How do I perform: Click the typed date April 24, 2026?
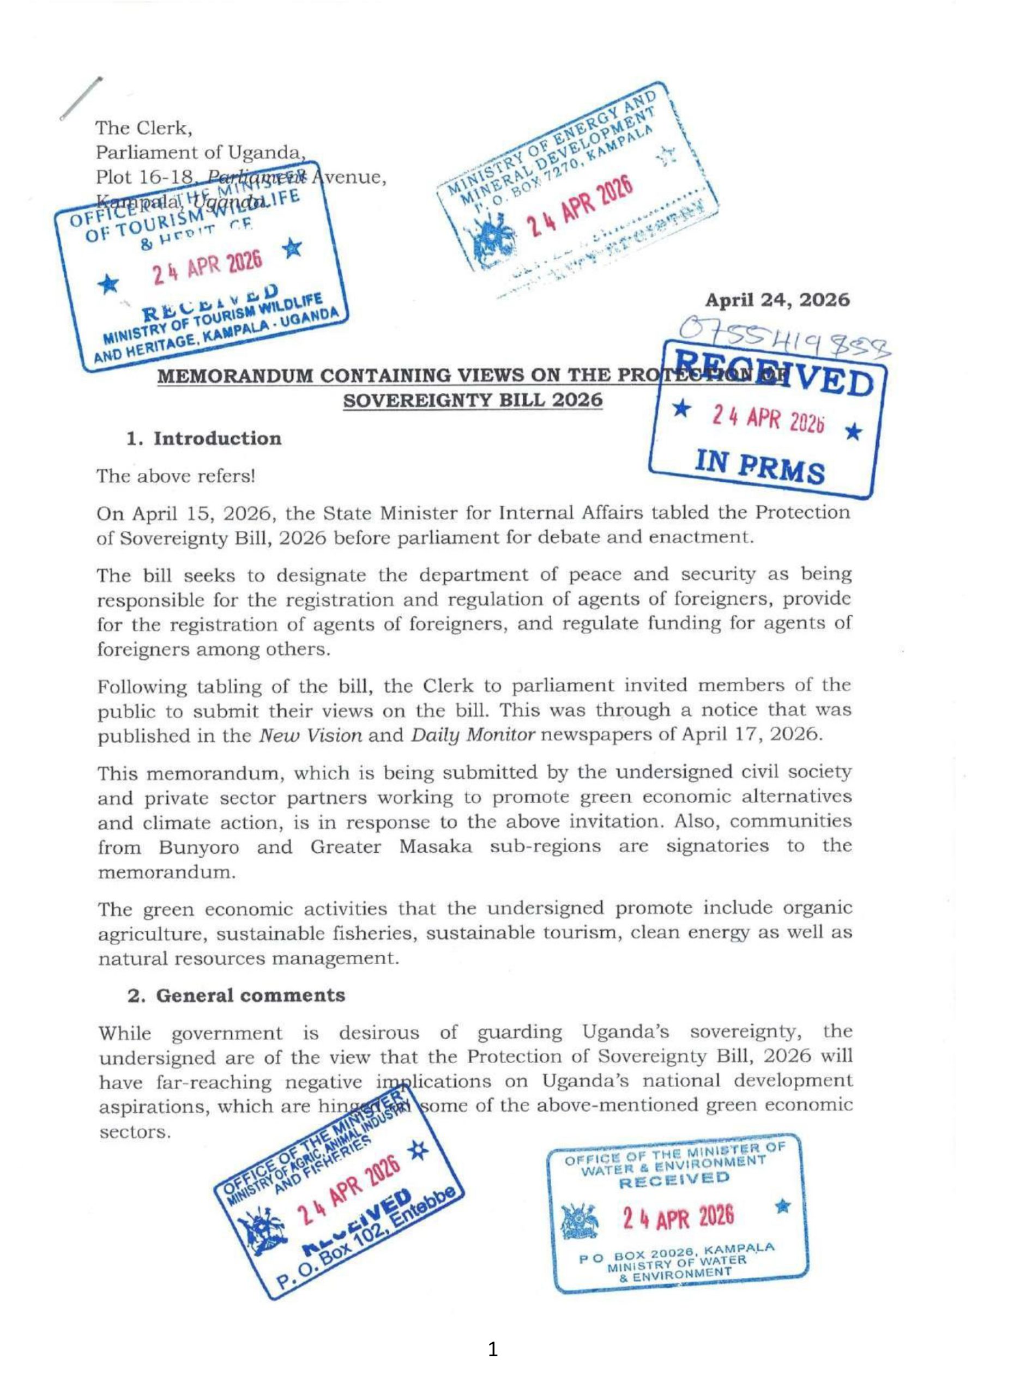tap(776, 301)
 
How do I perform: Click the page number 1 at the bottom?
tap(492, 1349)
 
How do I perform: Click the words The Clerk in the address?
tap(144, 129)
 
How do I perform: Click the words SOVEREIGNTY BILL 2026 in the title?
tap(472, 401)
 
